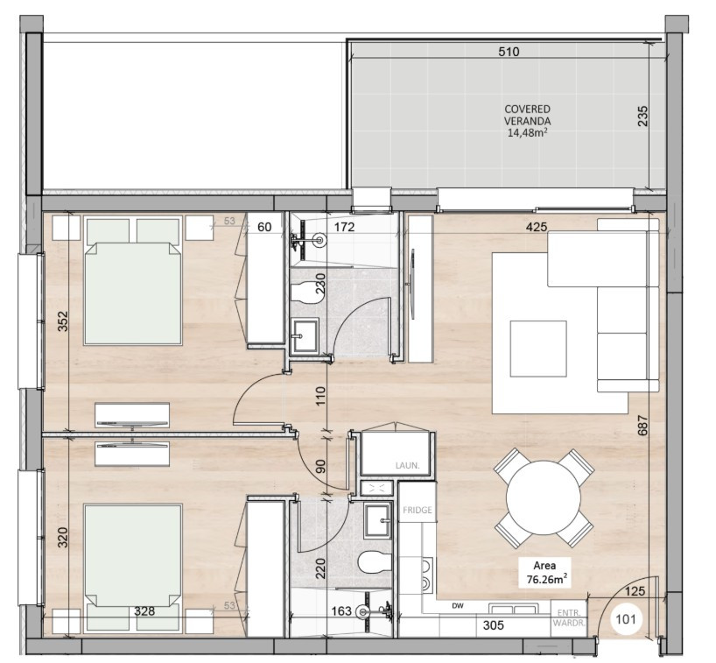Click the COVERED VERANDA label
(x=527, y=121)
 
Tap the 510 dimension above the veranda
(x=509, y=52)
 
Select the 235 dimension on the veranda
(x=642, y=117)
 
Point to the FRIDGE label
(x=418, y=510)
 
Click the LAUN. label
(x=406, y=466)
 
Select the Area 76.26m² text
(x=544, y=572)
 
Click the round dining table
(x=544, y=497)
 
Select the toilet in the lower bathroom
(x=373, y=561)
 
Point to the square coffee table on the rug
(x=538, y=349)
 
